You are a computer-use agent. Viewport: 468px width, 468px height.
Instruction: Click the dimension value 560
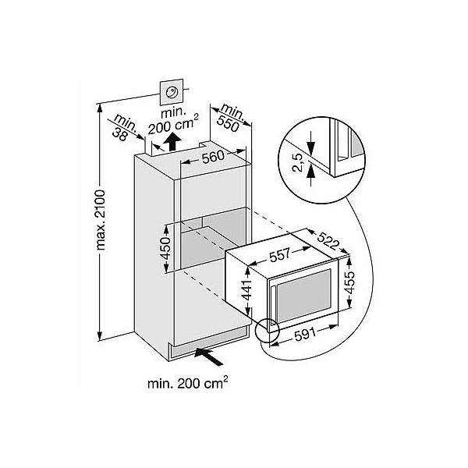(x=213, y=157)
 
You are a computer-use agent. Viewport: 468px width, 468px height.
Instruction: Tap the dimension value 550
(x=228, y=123)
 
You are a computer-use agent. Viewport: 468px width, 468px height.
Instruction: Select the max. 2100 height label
(x=101, y=220)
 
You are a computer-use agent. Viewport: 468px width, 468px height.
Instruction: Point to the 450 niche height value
(x=165, y=248)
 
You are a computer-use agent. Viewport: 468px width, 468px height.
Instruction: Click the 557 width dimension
(x=279, y=255)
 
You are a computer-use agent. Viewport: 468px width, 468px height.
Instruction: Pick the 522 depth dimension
(x=328, y=240)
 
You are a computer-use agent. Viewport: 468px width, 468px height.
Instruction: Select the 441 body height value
(x=247, y=290)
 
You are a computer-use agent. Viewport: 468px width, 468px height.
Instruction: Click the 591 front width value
(x=305, y=335)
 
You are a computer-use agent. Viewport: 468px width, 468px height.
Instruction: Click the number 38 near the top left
(x=119, y=136)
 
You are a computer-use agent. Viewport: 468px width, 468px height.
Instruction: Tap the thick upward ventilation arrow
(x=172, y=141)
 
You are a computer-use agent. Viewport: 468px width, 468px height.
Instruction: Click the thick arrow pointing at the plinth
(x=208, y=356)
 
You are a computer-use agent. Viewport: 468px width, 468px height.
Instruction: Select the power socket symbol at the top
(x=172, y=92)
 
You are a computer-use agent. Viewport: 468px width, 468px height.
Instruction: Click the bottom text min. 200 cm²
(x=188, y=383)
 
